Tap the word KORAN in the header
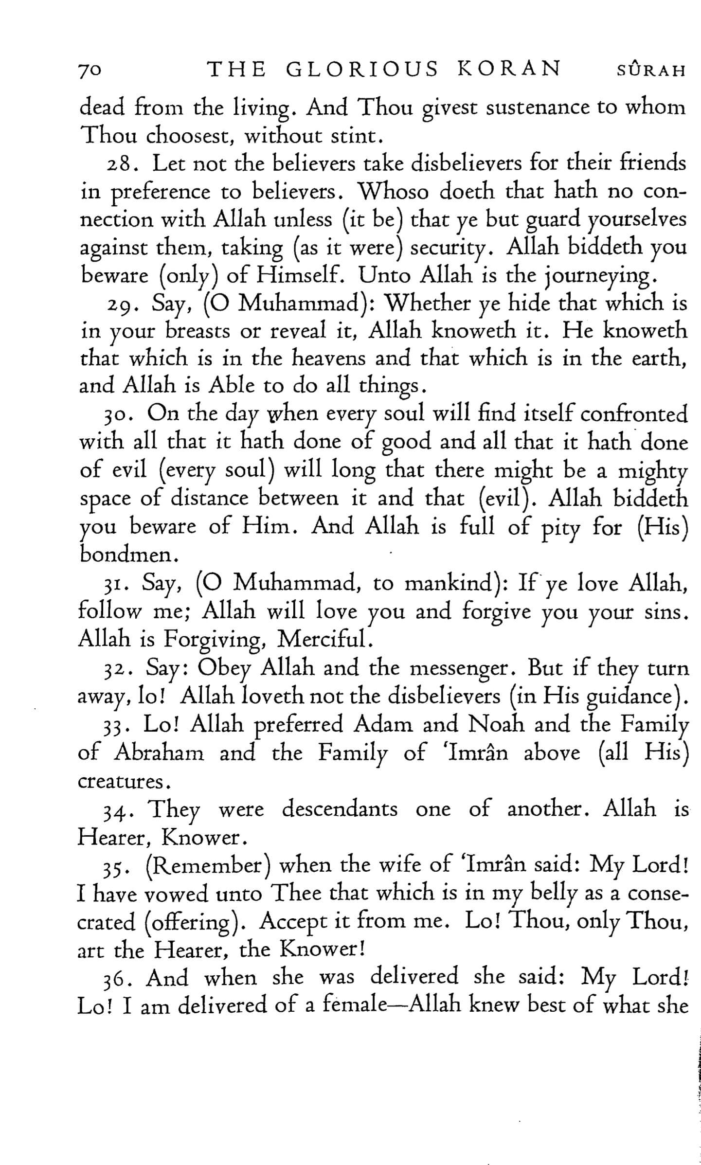point(509,70)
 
